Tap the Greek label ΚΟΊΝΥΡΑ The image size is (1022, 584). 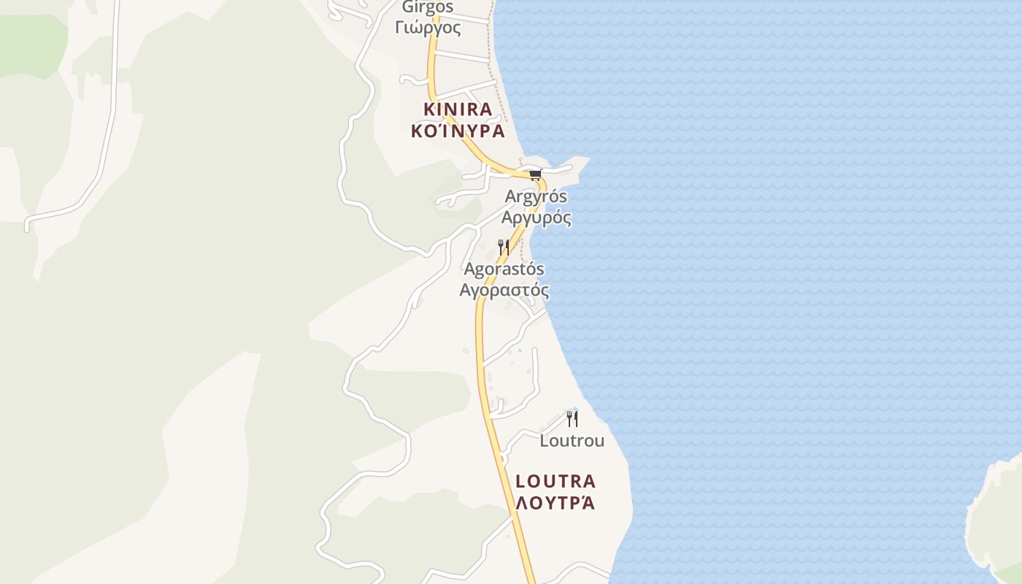point(458,131)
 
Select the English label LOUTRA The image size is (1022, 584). point(556,481)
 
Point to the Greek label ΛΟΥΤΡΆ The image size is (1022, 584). point(556,503)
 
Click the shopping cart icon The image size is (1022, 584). point(536,174)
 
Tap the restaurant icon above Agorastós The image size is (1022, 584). point(503,247)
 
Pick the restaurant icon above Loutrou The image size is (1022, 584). point(572,418)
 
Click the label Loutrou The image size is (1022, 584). point(572,441)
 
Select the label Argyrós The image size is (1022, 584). point(536,196)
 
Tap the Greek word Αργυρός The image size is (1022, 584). point(536,218)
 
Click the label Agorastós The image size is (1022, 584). point(504,269)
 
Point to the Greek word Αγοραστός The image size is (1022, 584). point(504,291)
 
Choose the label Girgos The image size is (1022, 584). point(428,7)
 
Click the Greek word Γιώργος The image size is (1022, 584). point(428,28)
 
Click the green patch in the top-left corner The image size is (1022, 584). point(29,44)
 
